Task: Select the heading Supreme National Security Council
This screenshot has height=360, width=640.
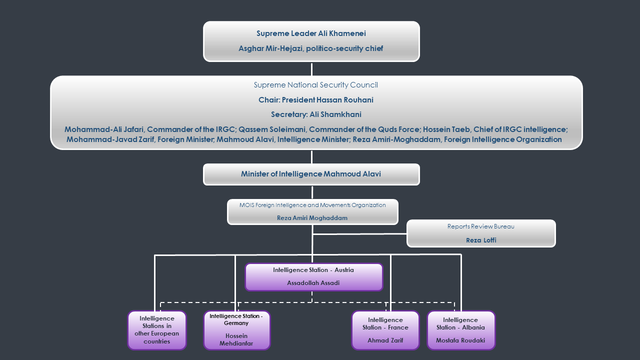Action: tap(315, 85)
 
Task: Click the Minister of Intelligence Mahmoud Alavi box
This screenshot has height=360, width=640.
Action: tap(311, 174)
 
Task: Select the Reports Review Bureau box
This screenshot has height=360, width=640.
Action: tap(481, 233)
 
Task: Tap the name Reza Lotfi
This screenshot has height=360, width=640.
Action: tap(481, 240)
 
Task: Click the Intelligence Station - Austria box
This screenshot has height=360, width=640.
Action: tap(313, 276)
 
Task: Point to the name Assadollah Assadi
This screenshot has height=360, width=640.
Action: tap(313, 283)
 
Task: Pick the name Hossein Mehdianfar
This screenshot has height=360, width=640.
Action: tap(236, 339)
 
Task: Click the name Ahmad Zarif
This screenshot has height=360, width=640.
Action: tap(385, 340)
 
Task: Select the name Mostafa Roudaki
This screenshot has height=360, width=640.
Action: tap(460, 340)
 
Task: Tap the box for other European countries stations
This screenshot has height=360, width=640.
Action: tap(157, 330)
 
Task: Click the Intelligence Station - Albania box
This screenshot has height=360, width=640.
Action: tap(460, 330)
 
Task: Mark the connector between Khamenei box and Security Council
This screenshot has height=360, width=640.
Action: tap(311, 68)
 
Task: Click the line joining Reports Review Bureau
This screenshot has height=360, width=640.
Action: tap(360, 233)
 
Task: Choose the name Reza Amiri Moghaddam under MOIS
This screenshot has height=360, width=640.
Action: tap(312, 218)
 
